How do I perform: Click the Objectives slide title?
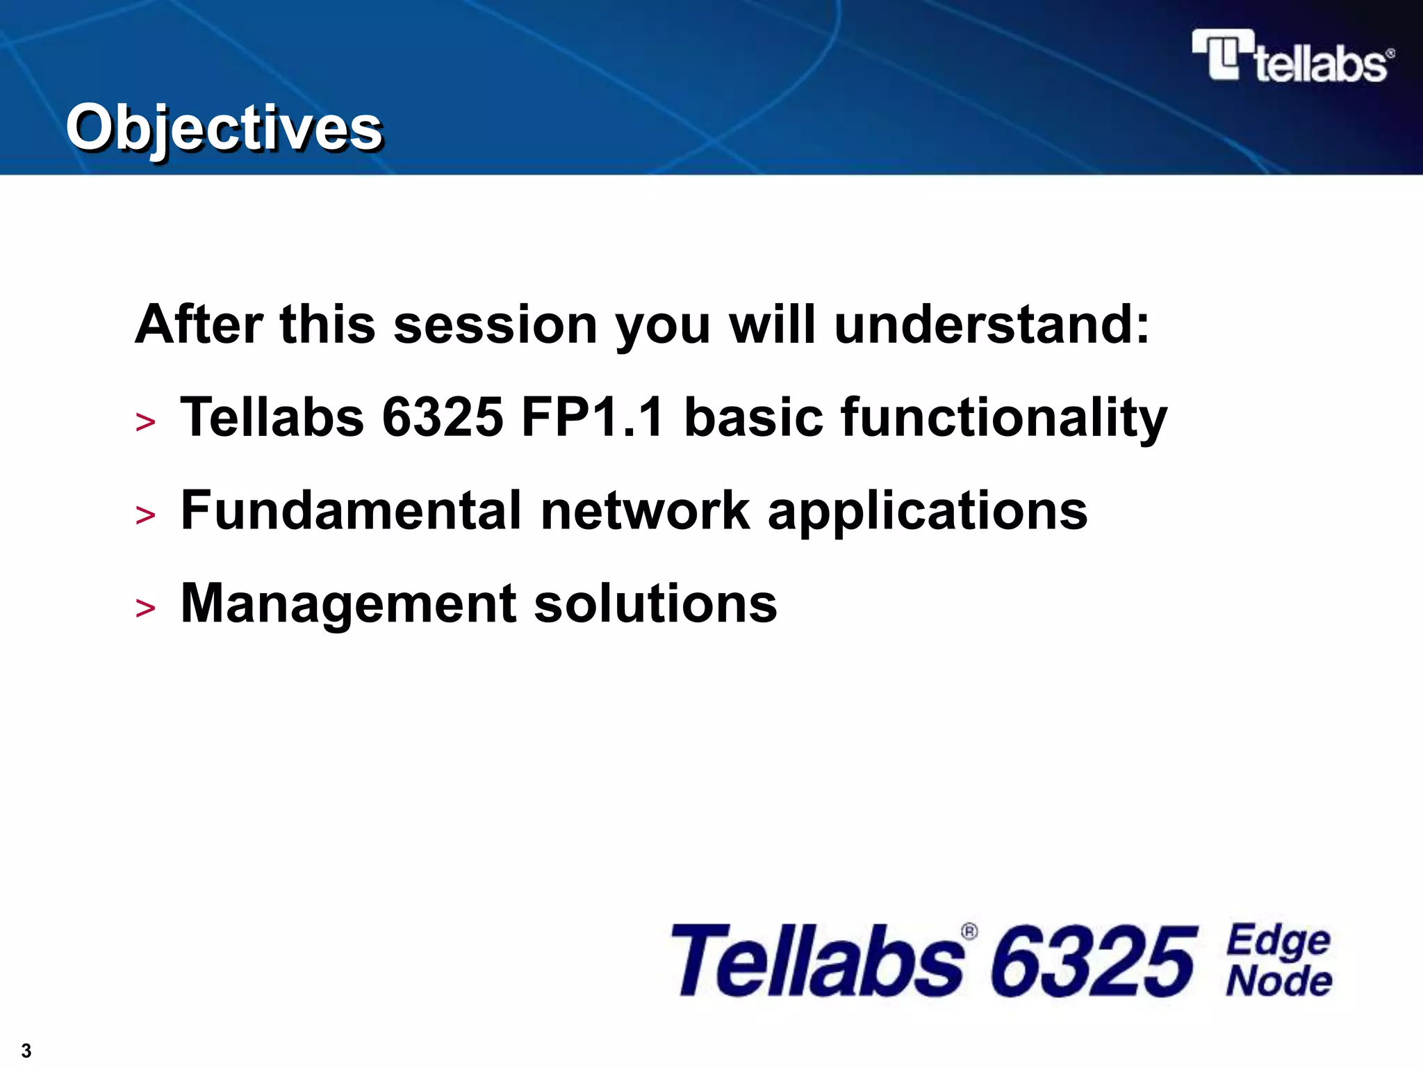[x=224, y=127]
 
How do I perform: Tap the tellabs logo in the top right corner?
[x=1292, y=57]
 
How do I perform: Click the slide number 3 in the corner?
[x=26, y=1050]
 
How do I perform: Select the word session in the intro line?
[x=495, y=325]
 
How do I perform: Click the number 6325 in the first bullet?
[x=443, y=417]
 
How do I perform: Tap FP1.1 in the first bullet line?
[x=593, y=417]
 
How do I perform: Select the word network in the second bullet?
[x=645, y=510]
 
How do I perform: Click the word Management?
[x=348, y=604]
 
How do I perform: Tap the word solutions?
[x=655, y=604]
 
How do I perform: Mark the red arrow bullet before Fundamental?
[x=146, y=515]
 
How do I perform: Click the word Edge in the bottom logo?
[x=1278, y=941]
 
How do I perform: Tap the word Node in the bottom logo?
[x=1278, y=982]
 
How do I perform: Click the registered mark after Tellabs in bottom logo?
[x=969, y=932]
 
